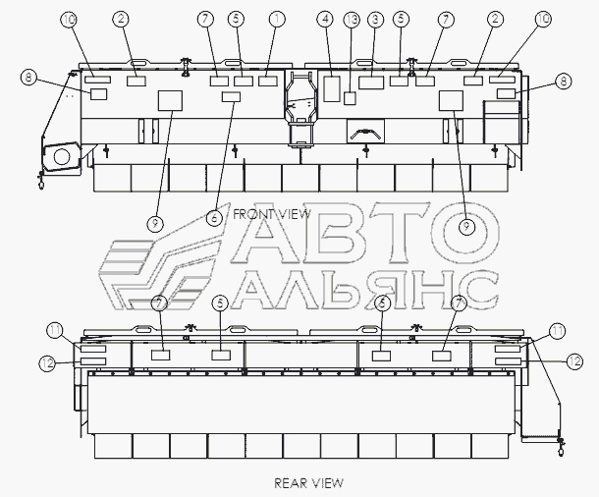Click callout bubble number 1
[277, 19]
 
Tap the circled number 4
[325, 19]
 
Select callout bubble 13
[352, 20]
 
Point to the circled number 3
[375, 19]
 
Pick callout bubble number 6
[214, 218]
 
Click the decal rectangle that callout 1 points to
[267, 81]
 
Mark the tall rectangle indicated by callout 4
[332, 89]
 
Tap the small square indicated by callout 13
[350, 98]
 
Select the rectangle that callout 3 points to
[371, 83]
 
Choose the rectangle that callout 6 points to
[231, 96]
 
